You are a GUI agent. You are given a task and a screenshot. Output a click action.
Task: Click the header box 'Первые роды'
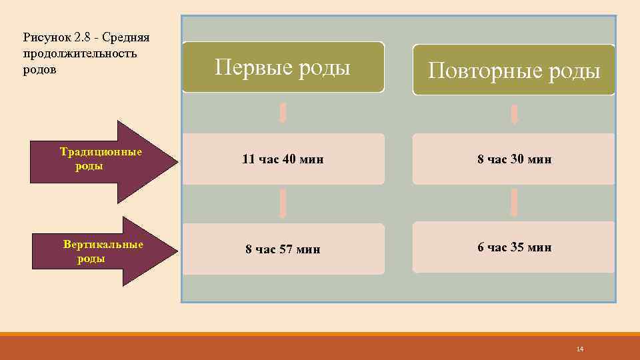(283, 67)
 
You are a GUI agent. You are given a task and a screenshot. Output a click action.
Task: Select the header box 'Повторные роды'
(513, 70)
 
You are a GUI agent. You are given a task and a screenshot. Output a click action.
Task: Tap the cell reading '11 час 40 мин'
(283, 159)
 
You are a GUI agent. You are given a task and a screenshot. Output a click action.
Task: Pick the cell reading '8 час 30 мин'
(513, 159)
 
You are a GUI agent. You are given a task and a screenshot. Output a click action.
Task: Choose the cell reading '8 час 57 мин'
(283, 249)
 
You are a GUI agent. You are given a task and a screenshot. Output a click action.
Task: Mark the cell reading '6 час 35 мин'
(513, 247)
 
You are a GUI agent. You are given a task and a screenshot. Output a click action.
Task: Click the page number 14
(579, 350)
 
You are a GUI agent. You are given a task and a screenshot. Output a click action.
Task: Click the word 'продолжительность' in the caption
(80, 53)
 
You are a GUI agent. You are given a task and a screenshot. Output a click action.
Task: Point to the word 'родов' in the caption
(39, 69)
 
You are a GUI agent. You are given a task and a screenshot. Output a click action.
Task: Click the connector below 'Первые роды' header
(283, 113)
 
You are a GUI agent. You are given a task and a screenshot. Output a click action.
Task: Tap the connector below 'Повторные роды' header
(514, 114)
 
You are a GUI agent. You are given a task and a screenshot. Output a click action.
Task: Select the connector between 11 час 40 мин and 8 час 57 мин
(283, 203)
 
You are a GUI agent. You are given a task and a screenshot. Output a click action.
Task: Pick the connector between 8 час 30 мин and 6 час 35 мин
(514, 202)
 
